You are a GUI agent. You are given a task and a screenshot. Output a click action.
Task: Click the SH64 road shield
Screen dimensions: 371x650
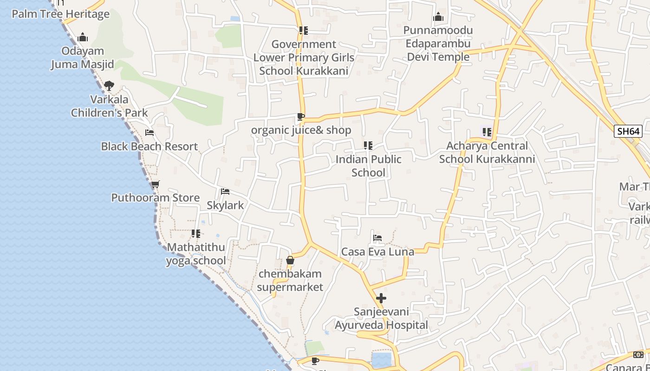pos(628,131)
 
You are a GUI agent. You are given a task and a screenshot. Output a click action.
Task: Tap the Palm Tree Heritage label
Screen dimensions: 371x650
pos(60,14)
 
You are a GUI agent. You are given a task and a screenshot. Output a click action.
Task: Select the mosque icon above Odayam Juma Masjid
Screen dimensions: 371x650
pos(83,37)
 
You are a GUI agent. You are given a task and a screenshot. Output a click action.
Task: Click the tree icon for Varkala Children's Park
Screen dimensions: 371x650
pos(109,86)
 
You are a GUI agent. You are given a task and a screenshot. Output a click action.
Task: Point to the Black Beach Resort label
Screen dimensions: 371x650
pos(149,147)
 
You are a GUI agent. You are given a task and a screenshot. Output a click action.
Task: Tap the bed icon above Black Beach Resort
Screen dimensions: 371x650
pos(149,133)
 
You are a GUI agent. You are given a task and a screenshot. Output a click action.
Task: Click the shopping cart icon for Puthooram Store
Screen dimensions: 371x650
pos(156,184)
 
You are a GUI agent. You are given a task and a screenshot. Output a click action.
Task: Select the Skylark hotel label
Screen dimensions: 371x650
pos(225,205)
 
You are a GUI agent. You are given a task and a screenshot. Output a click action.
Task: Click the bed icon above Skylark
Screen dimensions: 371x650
pos(225,191)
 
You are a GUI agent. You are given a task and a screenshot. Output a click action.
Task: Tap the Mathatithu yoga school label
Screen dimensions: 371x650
pos(196,254)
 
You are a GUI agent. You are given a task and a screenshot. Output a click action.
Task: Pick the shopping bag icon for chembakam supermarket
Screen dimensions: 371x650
pos(290,260)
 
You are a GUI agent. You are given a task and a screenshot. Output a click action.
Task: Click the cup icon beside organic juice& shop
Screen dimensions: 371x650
pos(301,116)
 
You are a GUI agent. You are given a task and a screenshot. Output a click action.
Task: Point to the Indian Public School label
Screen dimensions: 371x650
pos(368,166)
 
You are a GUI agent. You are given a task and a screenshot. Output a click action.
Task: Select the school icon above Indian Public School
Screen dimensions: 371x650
pos(368,146)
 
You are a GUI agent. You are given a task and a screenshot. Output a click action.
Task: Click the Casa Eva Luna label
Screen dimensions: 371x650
pos(377,252)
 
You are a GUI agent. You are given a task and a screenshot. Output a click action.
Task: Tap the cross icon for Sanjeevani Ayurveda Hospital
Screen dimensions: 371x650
pos(381,298)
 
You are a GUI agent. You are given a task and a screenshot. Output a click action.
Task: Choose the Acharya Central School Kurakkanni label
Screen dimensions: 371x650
pos(487,153)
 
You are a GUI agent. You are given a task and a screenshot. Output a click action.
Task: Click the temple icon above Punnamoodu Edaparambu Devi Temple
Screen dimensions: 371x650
pos(438,18)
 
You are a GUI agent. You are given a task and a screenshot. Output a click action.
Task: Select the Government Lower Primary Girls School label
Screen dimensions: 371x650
pos(304,58)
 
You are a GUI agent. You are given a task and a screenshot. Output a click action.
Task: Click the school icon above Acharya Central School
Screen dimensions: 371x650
pos(487,132)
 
